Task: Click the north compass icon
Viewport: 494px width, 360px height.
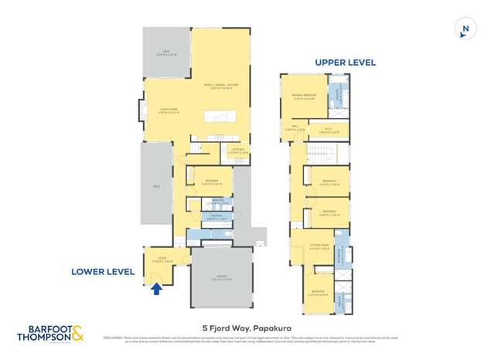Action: [464, 29]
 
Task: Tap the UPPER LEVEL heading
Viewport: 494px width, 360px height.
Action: [344, 63]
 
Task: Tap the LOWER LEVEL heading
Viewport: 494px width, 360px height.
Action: [103, 272]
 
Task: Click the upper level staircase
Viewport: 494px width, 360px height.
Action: [319, 153]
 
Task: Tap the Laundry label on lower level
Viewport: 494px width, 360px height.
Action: [217, 216]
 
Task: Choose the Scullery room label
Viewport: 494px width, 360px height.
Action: [237, 150]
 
